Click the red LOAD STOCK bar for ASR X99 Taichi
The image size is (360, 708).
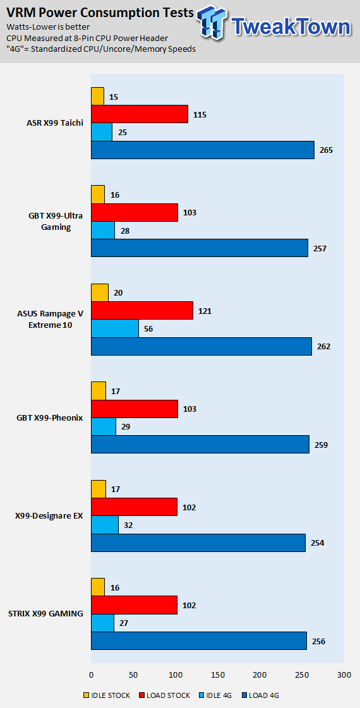coord(140,114)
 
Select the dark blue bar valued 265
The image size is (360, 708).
coord(203,150)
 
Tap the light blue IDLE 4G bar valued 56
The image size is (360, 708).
coord(115,328)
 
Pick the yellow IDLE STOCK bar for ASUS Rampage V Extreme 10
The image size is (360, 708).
coord(100,292)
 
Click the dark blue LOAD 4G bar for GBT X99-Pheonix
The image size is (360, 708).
coord(200,445)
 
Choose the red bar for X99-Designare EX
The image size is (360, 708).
coord(134,507)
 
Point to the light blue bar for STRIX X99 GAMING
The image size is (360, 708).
coord(102,623)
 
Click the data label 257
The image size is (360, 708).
coord(319,248)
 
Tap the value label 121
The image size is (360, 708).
coord(205,311)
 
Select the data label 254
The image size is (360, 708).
coord(317,543)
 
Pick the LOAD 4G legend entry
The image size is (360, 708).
coord(260,695)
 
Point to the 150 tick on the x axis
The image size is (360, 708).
coord(218,675)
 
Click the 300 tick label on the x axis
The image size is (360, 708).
coord(344,675)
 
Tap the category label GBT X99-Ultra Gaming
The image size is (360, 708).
coord(56,222)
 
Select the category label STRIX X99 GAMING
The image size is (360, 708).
coord(45,614)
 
